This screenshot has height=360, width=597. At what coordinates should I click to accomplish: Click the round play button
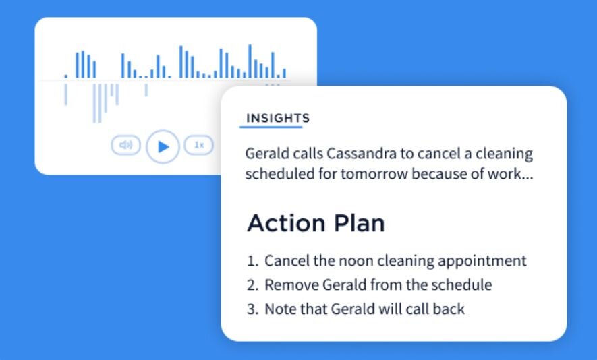[163, 146]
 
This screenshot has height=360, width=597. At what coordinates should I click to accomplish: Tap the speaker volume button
[126, 145]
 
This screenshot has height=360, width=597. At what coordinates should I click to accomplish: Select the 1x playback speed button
[199, 145]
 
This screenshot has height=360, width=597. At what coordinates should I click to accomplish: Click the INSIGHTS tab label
[278, 118]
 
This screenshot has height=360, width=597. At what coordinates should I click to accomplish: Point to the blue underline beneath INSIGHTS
[271, 127]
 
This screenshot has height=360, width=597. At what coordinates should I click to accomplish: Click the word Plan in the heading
[359, 223]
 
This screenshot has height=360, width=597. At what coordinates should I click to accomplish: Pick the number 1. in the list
[253, 261]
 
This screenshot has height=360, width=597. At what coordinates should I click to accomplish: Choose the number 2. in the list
[253, 285]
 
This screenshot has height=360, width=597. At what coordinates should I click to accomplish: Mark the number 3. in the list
[253, 309]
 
